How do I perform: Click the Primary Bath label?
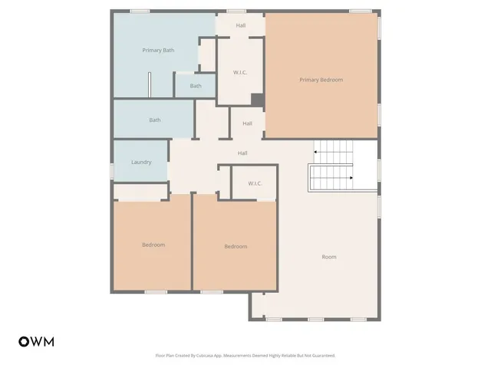pos(158,51)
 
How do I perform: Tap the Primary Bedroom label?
pos(321,80)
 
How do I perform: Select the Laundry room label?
pos(141,163)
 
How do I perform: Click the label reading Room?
pos(328,257)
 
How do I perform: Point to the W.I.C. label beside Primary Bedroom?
pos(239,73)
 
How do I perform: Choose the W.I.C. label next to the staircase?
pos(255,184)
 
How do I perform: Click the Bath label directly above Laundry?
pos(155,120)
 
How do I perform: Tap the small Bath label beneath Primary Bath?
pos(196,86)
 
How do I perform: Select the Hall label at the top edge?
pos(241,25)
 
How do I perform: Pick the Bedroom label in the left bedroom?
pos(153,245)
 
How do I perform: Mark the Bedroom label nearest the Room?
pos(236,246)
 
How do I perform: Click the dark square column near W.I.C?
pos(258,100)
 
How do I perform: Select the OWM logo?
pos(36,342)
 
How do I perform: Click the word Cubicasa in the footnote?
pos(216,356)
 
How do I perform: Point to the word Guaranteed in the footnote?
pos(321,356)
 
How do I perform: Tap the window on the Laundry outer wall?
pos(113,169)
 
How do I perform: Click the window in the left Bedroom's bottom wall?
pos(156,291)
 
